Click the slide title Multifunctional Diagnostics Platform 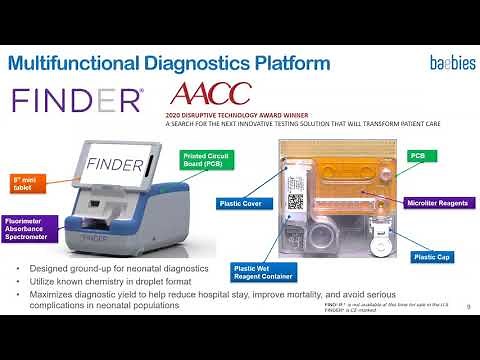169,64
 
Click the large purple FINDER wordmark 77,100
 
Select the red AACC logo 212,96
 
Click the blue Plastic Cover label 244,203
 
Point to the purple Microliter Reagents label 436,203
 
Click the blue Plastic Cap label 436,257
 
